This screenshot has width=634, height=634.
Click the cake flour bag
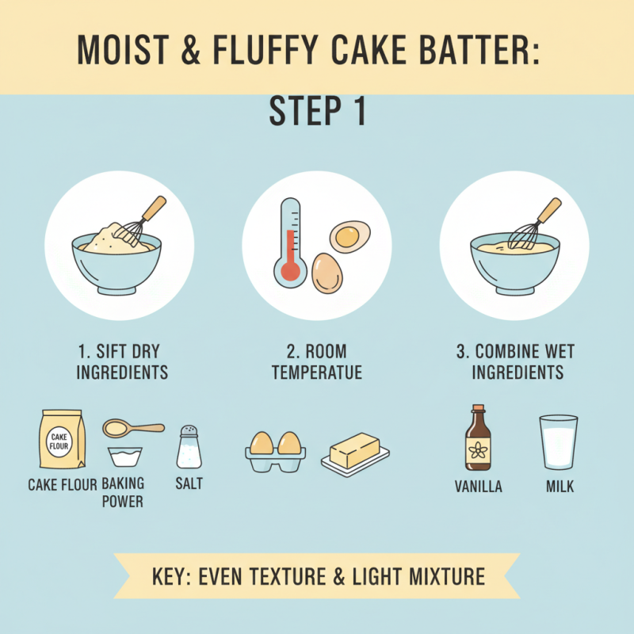click(61, 441)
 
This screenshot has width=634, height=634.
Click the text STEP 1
click(317, 113)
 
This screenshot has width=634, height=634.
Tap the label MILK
click(560, 487)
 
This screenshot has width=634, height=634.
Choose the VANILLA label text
click(478, 487)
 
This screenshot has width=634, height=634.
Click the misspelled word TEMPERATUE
click(317, 372)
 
